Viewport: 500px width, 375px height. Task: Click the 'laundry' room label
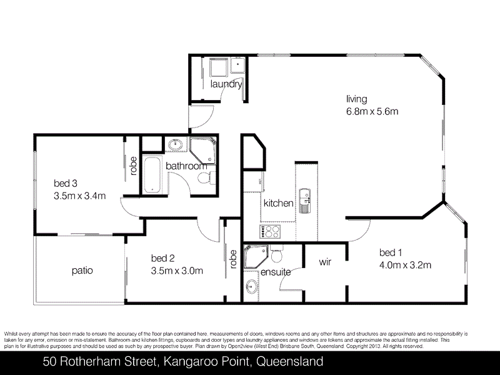(x=226, y=84)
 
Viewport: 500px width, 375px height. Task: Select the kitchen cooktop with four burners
(x=272, y=232)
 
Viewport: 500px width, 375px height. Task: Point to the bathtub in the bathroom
(x=151, y=176)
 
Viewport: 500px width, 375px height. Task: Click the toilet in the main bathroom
(x=204, y=179)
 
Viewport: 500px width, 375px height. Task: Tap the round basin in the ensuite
(x=251, y=288)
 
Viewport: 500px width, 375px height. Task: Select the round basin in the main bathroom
(x=176, y=146)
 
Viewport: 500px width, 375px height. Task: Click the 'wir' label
(x=324, y=262)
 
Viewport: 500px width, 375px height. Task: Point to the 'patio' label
(x=82, y=271)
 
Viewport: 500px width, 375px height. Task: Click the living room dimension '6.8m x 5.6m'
(x=372, y=112)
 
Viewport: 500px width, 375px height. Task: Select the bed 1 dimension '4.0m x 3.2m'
(x=405, y=264)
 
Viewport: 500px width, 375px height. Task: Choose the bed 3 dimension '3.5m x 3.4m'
(x=79, y=195)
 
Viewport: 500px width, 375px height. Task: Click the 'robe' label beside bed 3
(x=133, y=166)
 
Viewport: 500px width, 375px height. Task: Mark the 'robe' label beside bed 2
(x=233, y=258)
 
